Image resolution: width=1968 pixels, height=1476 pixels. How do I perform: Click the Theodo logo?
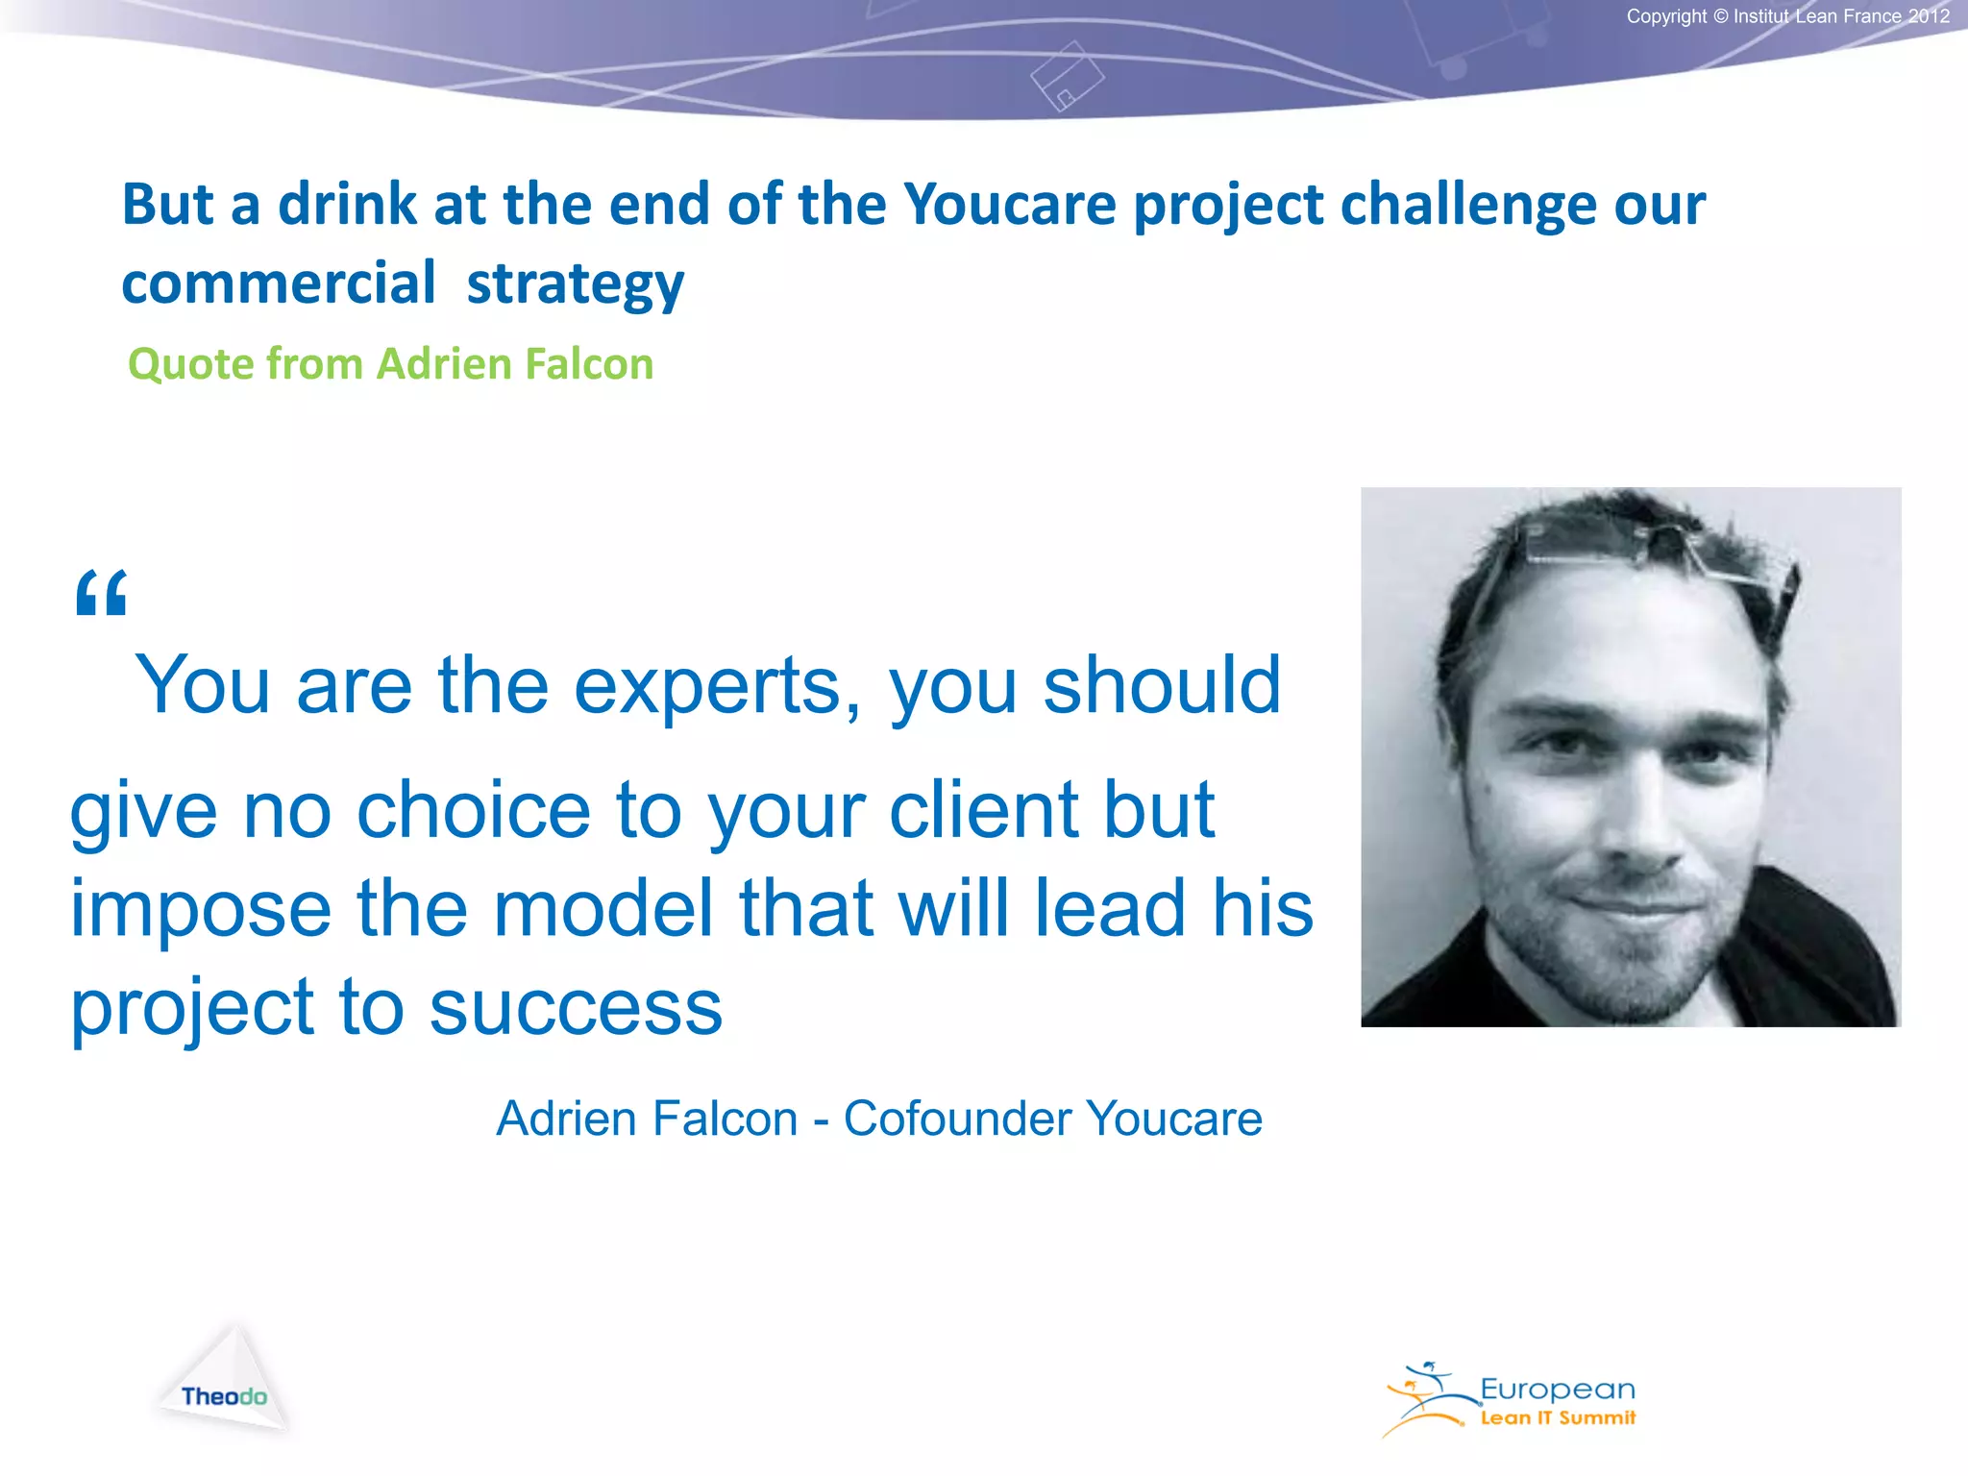[x=224, y=1384]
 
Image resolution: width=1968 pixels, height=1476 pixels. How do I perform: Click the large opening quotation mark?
[x=101, y=593]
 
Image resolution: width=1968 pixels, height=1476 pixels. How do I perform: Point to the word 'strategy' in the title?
[x=575, y=284]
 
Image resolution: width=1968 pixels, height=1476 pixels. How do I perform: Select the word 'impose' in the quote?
[x=201, y=909]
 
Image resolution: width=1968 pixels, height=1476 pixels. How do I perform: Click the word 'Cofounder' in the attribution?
[x=957, y=1119]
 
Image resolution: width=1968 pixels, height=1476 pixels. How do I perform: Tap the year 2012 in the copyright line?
[x=1929, y=16]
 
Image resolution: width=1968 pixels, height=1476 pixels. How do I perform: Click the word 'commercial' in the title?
[x=279, y=284]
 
